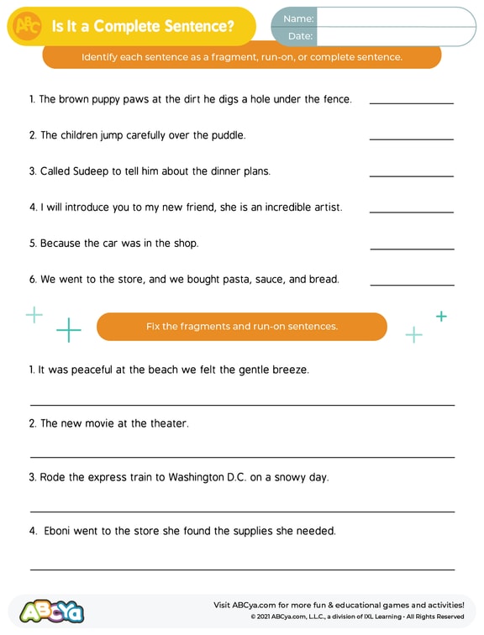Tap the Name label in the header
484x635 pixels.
(x=298, y=18)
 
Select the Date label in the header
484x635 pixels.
(x=300, y=36)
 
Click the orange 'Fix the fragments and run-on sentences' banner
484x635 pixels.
(x=242, y=327)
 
